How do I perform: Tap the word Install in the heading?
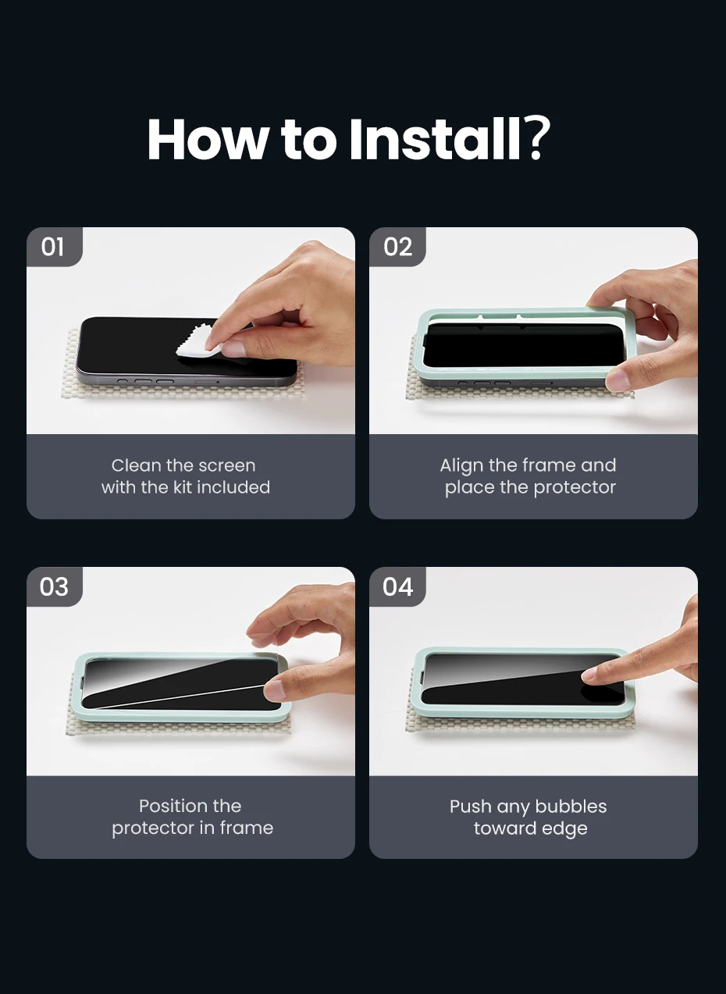pyautogui.click(x=435, y=139)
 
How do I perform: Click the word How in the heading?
pyautogui.click(x=206, y=139)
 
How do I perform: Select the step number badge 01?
pyautogui.click(x=54, y=247)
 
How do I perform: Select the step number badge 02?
pyautogui.click(x=397, y=247)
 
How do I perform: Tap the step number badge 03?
pyautogui.click(x=54, y=586)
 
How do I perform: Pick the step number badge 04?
pyautogui.click(x=397, y=586)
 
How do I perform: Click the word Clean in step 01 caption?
pyautogui.click(x=137, y=465)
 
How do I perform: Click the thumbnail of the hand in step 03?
pyautogui.click(x=275, y=689)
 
